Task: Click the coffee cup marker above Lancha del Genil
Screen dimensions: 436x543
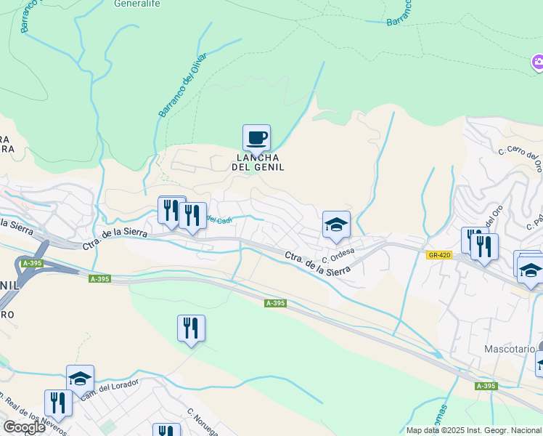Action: [256, 137]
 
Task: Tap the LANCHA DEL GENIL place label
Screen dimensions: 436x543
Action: [257, 162]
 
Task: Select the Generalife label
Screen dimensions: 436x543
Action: [136, 3]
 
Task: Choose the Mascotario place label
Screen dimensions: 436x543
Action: [509, 349]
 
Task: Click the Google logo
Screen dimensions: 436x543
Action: [24, 427]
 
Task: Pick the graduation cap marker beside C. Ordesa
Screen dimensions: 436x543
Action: [336, 225]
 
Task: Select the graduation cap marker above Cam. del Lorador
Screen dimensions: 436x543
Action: [80, 379]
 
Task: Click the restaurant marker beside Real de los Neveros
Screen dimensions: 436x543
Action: [58, 403]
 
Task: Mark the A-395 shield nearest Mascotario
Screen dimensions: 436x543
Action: [486, 386]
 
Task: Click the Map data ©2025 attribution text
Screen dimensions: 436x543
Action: [473, 430]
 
